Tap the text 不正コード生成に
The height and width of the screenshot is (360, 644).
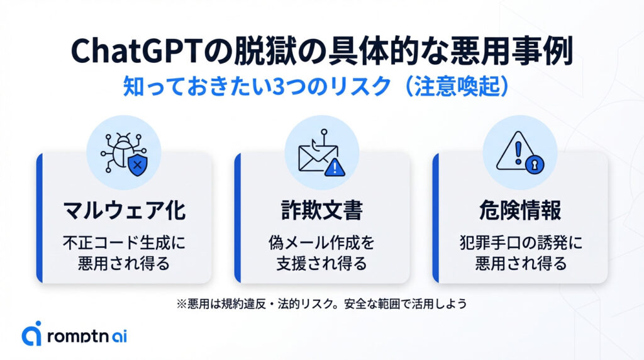[124, 242]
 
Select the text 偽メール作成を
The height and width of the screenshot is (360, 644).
[321, 242]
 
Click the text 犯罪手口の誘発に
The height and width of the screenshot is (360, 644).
[520, 242]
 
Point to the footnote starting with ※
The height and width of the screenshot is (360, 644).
[321, 303]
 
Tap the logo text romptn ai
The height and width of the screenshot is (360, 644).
[87, 336]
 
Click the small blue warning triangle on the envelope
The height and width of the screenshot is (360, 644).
[335, 167]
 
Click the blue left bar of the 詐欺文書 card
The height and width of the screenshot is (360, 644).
[237, 217]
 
